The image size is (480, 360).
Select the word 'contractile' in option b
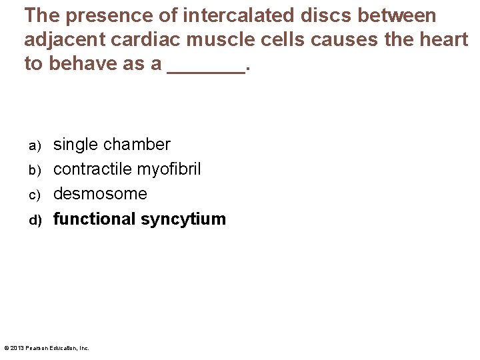tap(93, 169)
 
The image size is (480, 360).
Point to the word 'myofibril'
tap(169, 170)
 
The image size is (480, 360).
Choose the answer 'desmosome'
tap(100, 194)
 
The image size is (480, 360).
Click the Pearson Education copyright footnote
tap(46, 348)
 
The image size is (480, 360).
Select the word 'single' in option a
tap(76, 145)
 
